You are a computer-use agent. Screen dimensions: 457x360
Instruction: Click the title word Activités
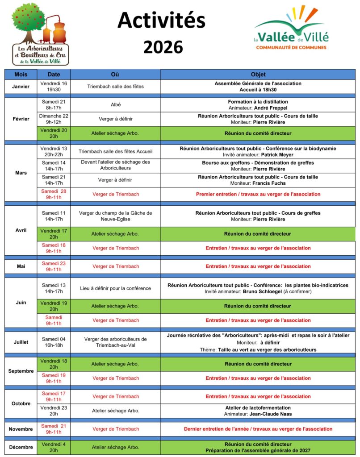click(x=162, y=20)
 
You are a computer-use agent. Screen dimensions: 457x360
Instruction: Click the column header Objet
click(x=258, y=75)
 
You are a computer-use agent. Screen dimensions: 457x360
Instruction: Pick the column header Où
click(x=115, y=75)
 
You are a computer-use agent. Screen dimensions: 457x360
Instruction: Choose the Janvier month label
click(x=21, y=87)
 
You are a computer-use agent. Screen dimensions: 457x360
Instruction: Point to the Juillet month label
click(x=21, y=342)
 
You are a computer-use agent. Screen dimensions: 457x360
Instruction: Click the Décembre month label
click(x=21, y=447)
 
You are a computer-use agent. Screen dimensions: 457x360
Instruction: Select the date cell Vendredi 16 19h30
click(x=54, y=87)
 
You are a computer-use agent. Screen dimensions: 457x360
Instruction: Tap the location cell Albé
click(x=116, y=105)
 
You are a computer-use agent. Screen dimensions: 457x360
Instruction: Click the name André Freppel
click(x=271, y=108)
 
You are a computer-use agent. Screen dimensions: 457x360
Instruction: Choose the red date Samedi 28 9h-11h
click(x=54, y=194)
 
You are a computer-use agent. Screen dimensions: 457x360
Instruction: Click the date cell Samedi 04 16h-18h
click(x=54, y=342)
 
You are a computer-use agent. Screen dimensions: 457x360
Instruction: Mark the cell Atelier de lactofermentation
click(x=258, y=408)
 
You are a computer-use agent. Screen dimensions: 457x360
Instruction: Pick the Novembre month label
click(x=21, y=429)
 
